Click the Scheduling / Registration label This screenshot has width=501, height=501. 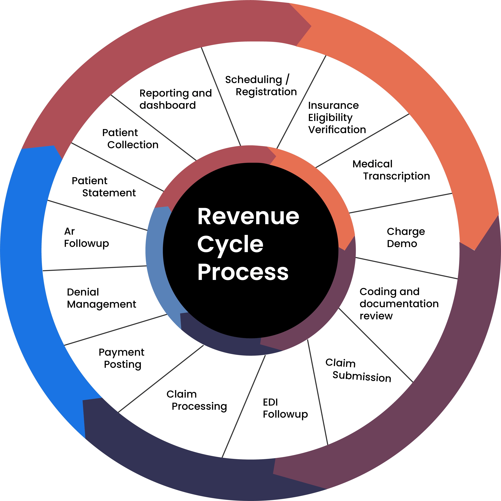[x=261, y=86]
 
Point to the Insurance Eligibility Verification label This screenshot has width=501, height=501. [x=337, y=118]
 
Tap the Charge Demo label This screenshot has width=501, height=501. [x=406, y=238]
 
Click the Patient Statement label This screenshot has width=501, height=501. [x=104, y=187]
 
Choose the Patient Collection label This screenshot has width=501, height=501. [x=130, y=139]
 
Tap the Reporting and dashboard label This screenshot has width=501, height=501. [x=175, y=99]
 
